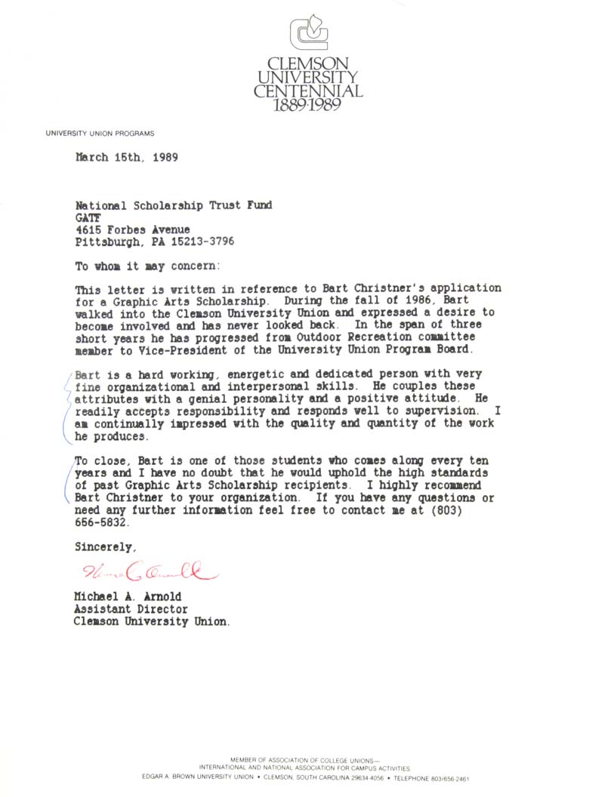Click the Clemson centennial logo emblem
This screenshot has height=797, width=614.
pyautogui.click(x=308, y=34)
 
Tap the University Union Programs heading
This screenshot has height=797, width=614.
pyautogui.click(x=100, y=134)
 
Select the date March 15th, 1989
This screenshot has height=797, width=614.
pyautogui.click(x=126, y=158)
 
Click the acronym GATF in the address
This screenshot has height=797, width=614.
pyautogui.click(x=88, y=217)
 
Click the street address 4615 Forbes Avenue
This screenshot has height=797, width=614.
pyautogui.click(x=133, y=229)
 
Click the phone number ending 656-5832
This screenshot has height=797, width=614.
pyautogui.click(x=102, y=522)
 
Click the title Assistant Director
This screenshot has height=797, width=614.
pyautogui.click(x=131, y=609)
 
